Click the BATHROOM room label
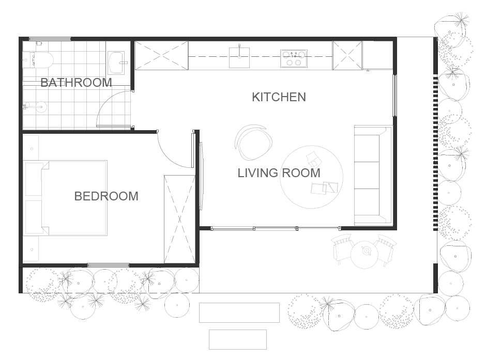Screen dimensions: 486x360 pyautogui.click(x=76, y=83)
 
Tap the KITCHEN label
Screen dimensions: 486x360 pyautogui.click(x=279, y=97)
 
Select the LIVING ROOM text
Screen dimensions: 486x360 pyautogui.click(x=279, y=173)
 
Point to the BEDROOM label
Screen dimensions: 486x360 pyautogui.click(x=107, y=196)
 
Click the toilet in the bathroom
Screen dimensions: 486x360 pyautogui.click(x=41, y=60)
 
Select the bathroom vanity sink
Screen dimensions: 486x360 pyautogui.click(x=116, y=62)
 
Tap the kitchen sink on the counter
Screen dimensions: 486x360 pyautogui.click(x=239, y=57)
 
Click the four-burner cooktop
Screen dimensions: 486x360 pyautogui.click(x=294, y=58)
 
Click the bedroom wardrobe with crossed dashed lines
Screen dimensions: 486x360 pyautogui.click(x=179, y=219)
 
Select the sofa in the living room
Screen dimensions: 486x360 pyautogui.click(x=373, y=175)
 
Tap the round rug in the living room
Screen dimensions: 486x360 pyautogui.click(x=311, y=177)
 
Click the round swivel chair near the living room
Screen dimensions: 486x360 pyautogui.click(x=253, y=142)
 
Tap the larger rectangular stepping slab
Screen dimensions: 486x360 pyautogui.click(x=239, y=312)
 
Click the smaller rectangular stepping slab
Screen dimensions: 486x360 pyautogui.click(x=238, y=339)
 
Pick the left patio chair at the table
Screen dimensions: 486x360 pyautogui.click(x=342, y=248)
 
